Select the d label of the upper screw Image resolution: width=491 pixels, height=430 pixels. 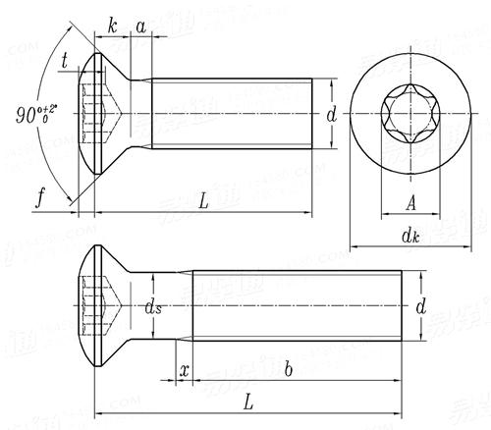pos(331,116)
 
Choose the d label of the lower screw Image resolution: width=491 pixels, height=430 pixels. pos(420,307)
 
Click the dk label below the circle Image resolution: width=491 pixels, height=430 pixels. pos(410,236)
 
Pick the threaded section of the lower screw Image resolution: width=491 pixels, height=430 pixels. pos(295,306)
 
